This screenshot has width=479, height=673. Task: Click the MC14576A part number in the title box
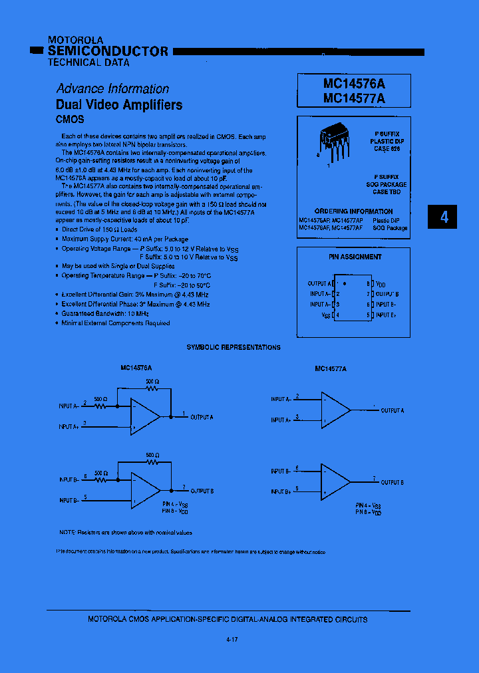click(354, 84)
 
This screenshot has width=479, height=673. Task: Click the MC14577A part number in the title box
click(354, 98)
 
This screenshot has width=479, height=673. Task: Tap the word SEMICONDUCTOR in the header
click(108, 51)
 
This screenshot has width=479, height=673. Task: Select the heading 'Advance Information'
click(112, 88)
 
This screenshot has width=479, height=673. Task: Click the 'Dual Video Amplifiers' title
click(118, 104)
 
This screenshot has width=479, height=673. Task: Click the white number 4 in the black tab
click(444, 217)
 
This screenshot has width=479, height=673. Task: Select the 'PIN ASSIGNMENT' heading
click(355, 257)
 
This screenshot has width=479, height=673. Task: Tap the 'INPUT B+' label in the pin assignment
click(387, 315)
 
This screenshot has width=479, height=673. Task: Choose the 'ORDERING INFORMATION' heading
click(353, 211)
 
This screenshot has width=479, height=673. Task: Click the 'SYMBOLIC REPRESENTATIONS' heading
click(234, 347)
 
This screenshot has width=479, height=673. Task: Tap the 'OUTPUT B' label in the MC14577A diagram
click(392, 482)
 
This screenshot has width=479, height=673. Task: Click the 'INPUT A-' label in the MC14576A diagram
click(69, 406)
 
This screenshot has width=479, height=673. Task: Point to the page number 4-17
click(232, 639)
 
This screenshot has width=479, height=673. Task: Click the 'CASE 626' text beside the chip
click(387, 149)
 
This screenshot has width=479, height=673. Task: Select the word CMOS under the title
click(70, 120)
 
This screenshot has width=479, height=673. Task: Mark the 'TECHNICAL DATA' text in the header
click(88, 63)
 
